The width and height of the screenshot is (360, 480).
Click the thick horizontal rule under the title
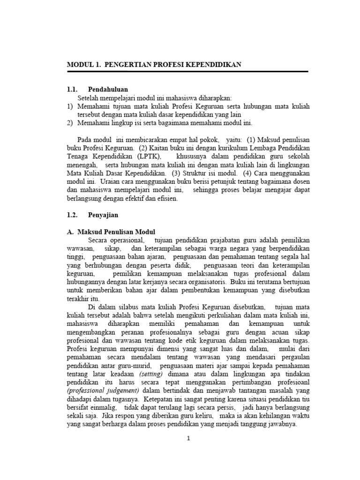click(x=187, y=71)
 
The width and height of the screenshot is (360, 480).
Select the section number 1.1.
click(x=72, y=89)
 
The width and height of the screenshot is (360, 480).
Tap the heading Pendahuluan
click(x=108, y=89)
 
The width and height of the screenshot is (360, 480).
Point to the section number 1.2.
click(x=72, y=216)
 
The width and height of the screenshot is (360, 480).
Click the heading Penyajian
click(x=103, y=216)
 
